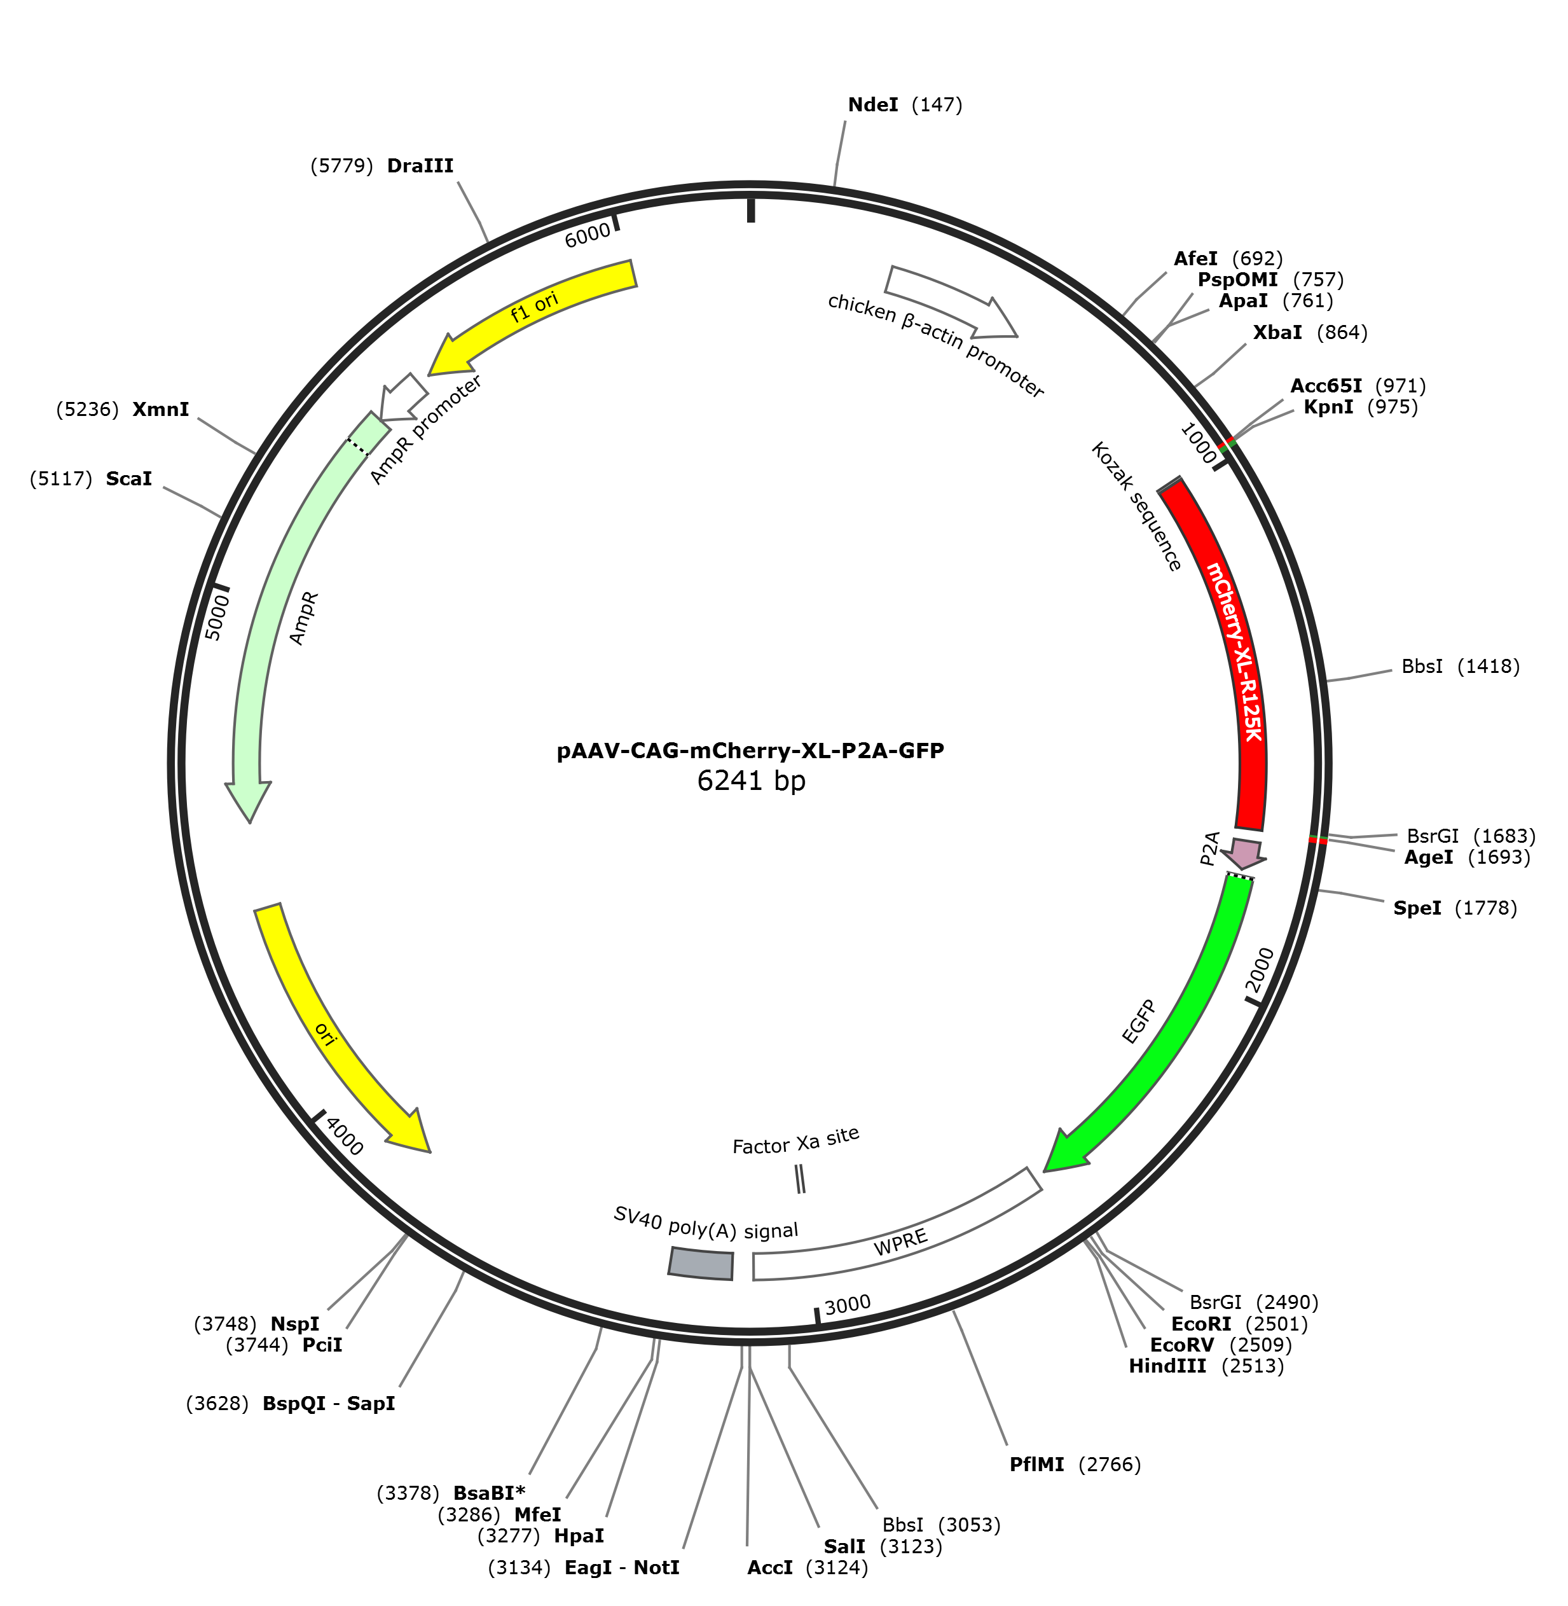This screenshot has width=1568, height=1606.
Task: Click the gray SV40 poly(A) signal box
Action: (701, 1263)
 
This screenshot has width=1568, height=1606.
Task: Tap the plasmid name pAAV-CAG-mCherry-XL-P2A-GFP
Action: (750, 751)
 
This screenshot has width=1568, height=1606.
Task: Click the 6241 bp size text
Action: (751, 781)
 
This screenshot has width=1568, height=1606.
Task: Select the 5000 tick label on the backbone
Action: (217, 617)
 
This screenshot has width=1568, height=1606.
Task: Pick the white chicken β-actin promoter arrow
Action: (951, 301)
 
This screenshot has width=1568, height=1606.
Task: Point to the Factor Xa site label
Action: (795, 1140)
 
